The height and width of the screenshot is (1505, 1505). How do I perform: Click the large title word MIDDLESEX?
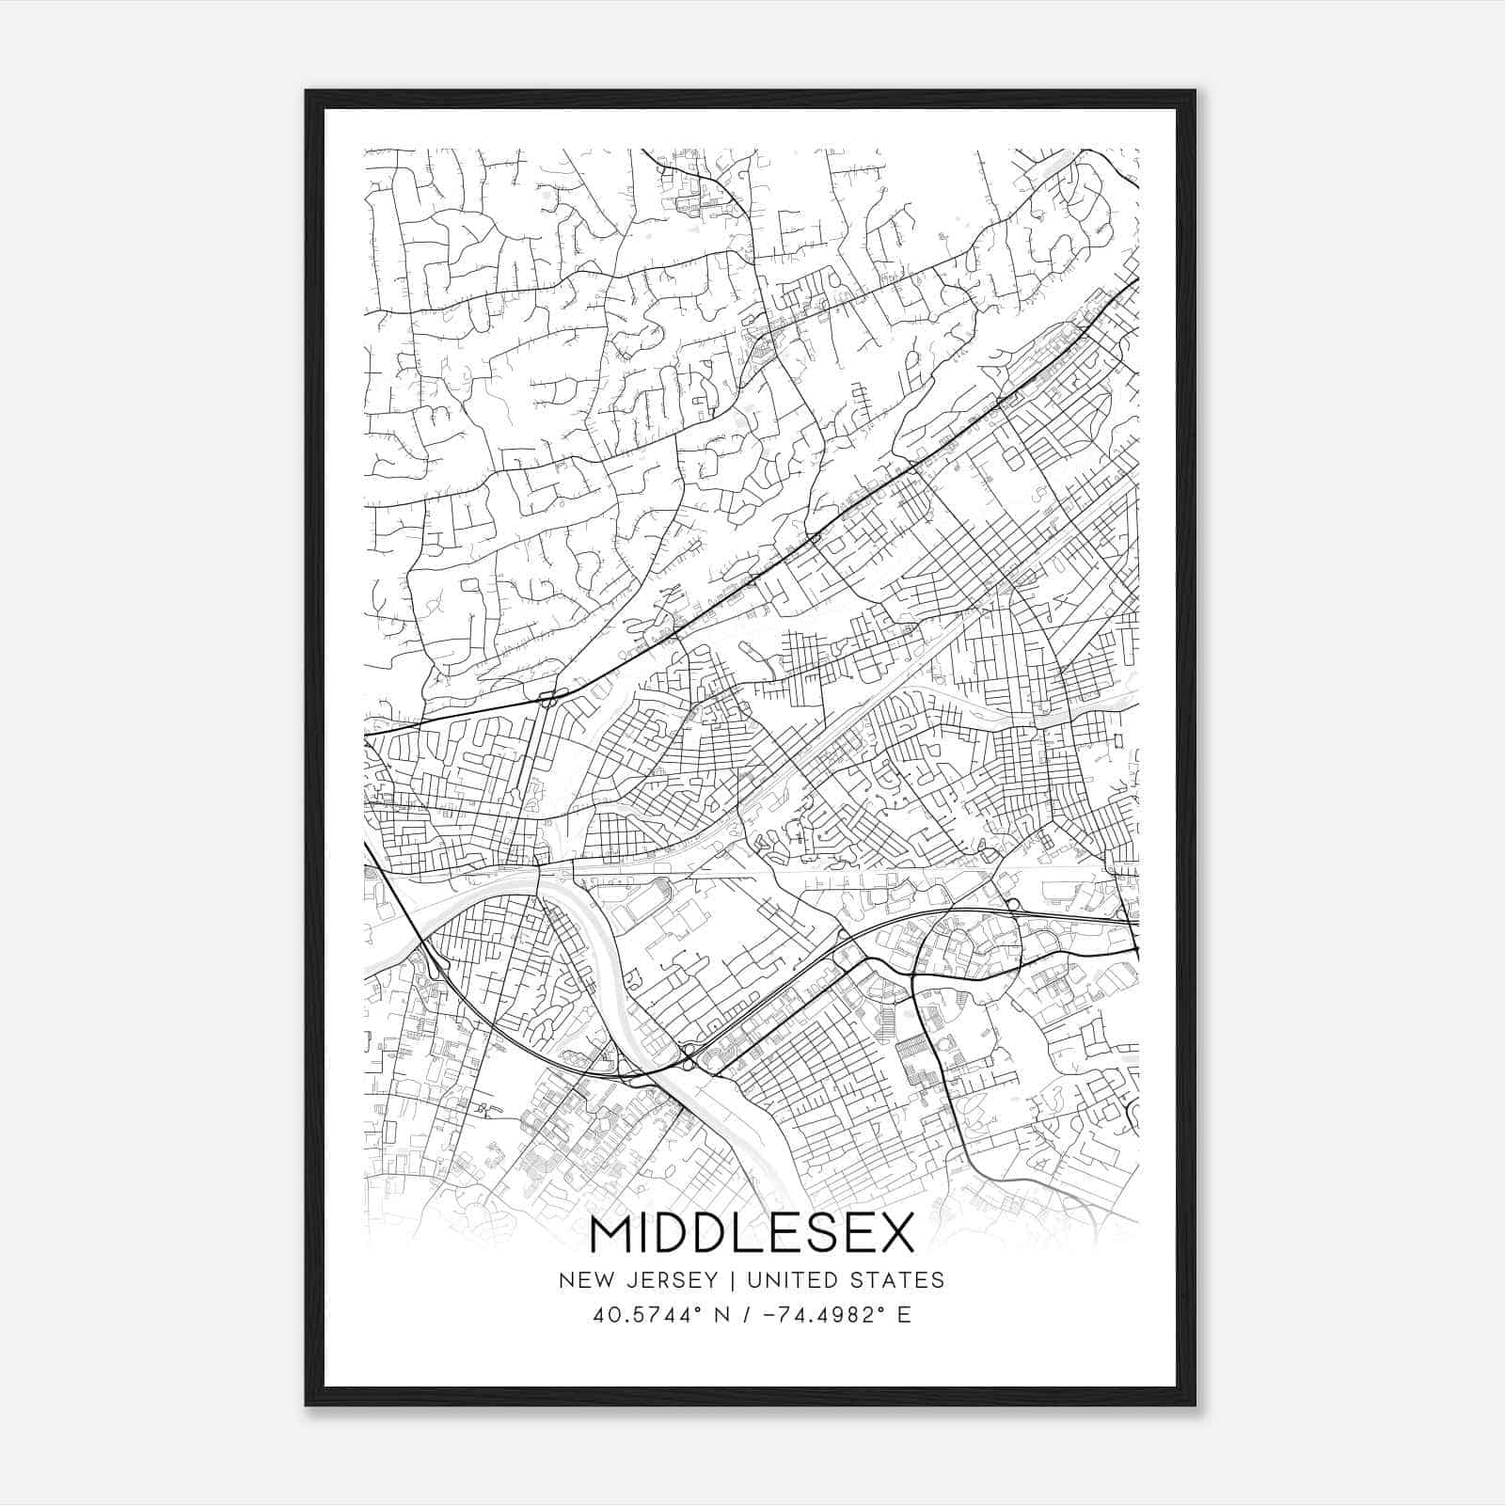tap(752, 1235)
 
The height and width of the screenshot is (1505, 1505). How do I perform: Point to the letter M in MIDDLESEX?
tap(611, 1235)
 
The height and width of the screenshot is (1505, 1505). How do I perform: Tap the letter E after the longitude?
tap(904, 1315)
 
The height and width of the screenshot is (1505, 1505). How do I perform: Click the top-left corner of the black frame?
tap(307, 91)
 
